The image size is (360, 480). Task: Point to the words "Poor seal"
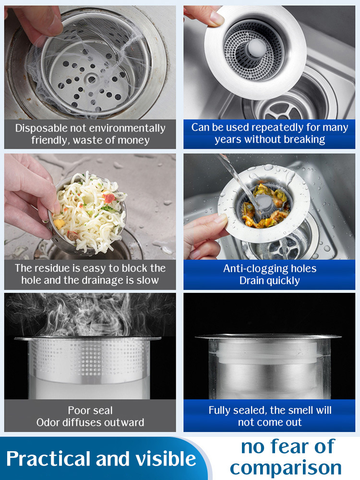click(90, 410)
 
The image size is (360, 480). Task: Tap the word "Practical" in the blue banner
click(49, 459)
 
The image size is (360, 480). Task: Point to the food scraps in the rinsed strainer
click(266, 204)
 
